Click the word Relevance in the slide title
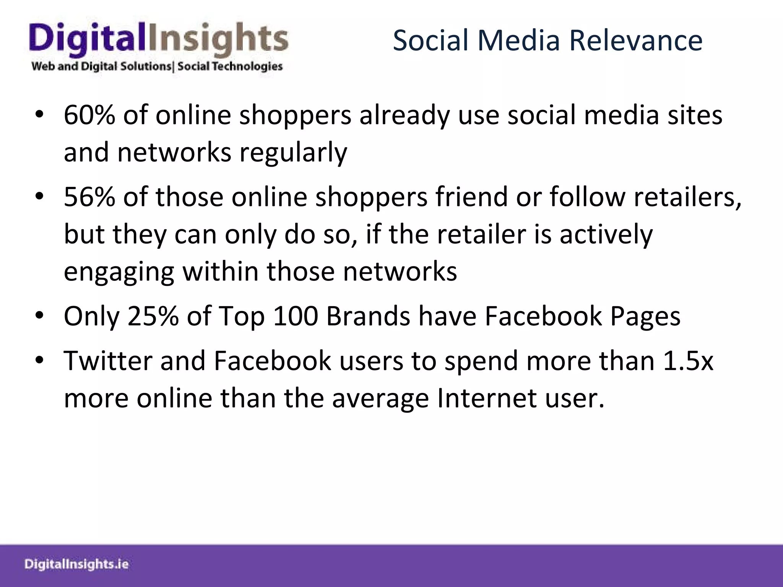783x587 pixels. point(635,41)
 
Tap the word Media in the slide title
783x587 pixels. point(518,41)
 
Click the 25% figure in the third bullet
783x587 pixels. point(153,316)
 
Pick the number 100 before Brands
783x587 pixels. point(296,316)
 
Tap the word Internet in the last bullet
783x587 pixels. point(487,398)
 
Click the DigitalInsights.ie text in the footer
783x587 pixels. point(76,564)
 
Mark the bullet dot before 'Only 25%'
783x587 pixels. point(39,317)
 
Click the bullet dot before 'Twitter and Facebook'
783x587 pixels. point(39,361)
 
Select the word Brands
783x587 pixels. point(368,316)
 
